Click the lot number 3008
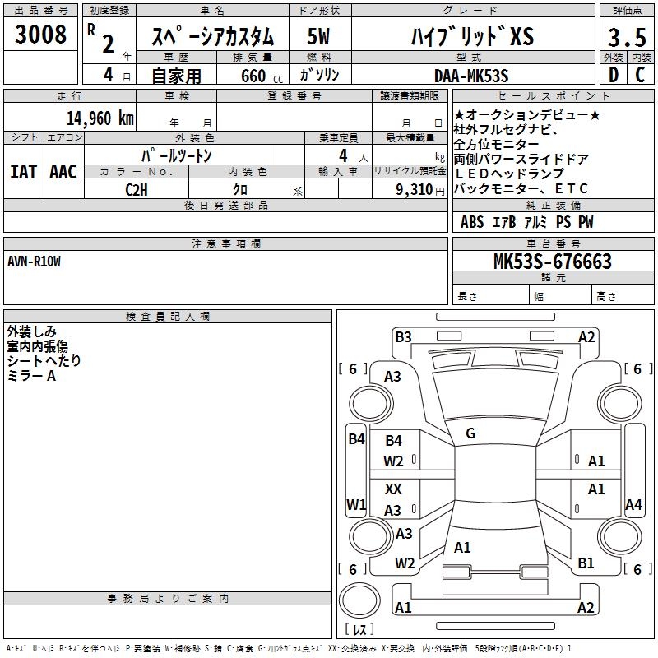tap(41, 35)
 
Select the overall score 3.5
tap(627, 38)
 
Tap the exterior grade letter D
tap(613, 75)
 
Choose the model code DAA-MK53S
tap(471, 76)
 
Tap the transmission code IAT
tap(23, 172)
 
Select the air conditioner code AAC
tap(63, 172)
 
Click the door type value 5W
tap(319, 37)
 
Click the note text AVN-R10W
tap(34, 262)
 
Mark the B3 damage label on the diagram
tap(403, 336)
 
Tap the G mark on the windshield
tap(470, 433)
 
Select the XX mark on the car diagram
tap(394, 489)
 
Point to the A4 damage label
tap(633, 505)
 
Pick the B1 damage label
tap(586, 563)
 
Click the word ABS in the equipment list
tap(472, 222)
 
